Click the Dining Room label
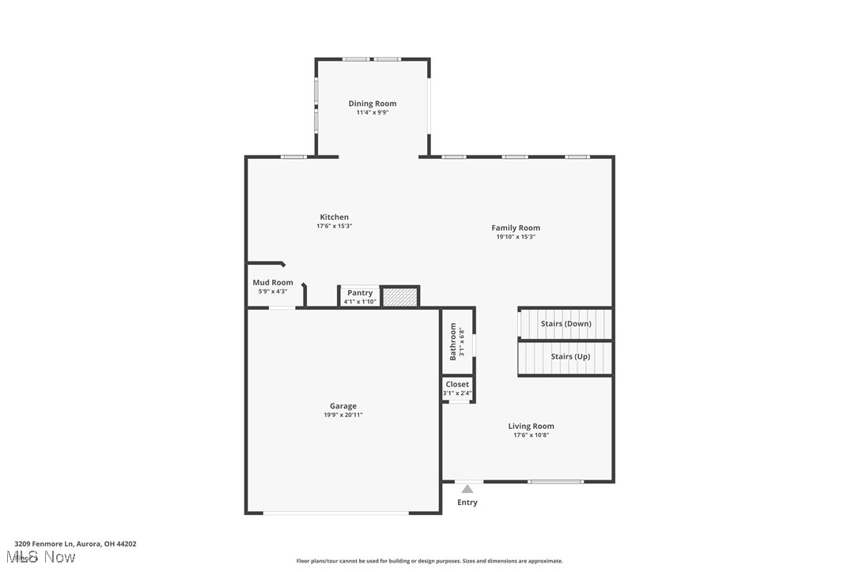click(x=373, y=103)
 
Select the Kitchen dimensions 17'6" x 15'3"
click(x=334, y=226)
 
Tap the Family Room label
click(x=516, y=228)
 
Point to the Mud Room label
click(x=273, y=282)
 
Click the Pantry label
click(x=360, y=292)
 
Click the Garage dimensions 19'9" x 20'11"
click(x=343, y=415)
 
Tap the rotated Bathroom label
click(x=453, y=341)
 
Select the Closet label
click(x=457, y=384)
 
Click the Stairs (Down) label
click(x=566, y=324)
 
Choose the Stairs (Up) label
click(x=570, y=356)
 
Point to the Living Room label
click(x=531, y=426)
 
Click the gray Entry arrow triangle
click(x=467, y=489)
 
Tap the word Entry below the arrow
click(x=467, y=502)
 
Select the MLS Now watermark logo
click(x=44, y=558)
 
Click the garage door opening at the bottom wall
click(x=336, y=514)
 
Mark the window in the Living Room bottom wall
click(x=556, y=481)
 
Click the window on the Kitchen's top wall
click(x=294, y=156)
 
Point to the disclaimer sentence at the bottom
click(x=429, y=561)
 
